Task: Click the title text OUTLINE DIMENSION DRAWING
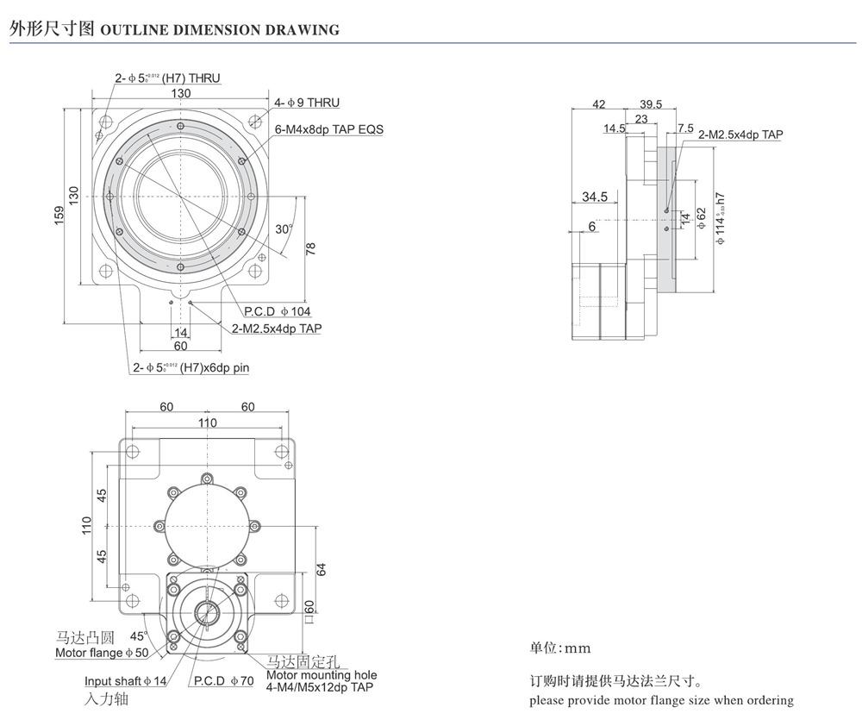220,30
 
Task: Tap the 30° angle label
284,229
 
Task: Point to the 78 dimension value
310,248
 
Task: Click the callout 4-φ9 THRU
307,103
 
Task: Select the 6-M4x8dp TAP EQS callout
328,129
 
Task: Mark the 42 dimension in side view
598,104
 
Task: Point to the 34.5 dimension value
594,197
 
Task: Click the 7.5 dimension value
686,128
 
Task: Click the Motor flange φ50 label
102,653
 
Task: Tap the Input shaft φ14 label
126,681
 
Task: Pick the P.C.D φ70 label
223,681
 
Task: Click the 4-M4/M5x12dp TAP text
320,687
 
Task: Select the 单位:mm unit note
560,648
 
